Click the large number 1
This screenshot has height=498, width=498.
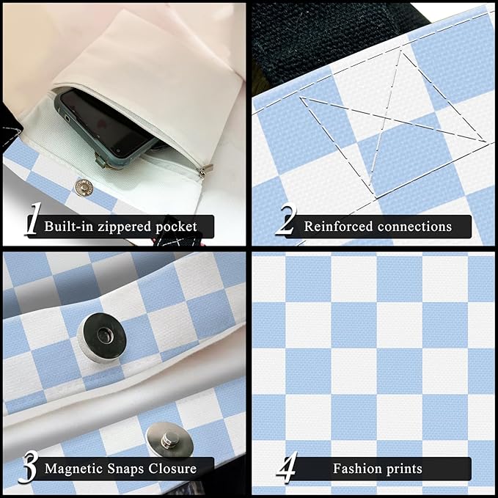[x=33, y=219]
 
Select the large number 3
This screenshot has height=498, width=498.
[x=29, y=466]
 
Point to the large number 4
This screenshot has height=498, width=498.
[x=287, y=466]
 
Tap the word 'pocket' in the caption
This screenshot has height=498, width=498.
[x=176, y=227]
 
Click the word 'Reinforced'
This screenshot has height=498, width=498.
[x=338, y=227]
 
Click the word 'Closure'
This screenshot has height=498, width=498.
[x=172, y=469]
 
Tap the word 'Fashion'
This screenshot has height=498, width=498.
[x=358, y=469]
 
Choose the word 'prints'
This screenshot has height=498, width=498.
[x=404, y=469]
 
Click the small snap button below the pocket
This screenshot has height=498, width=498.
[x=84, y=188]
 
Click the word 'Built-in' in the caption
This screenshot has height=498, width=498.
[x=69, y=227]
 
